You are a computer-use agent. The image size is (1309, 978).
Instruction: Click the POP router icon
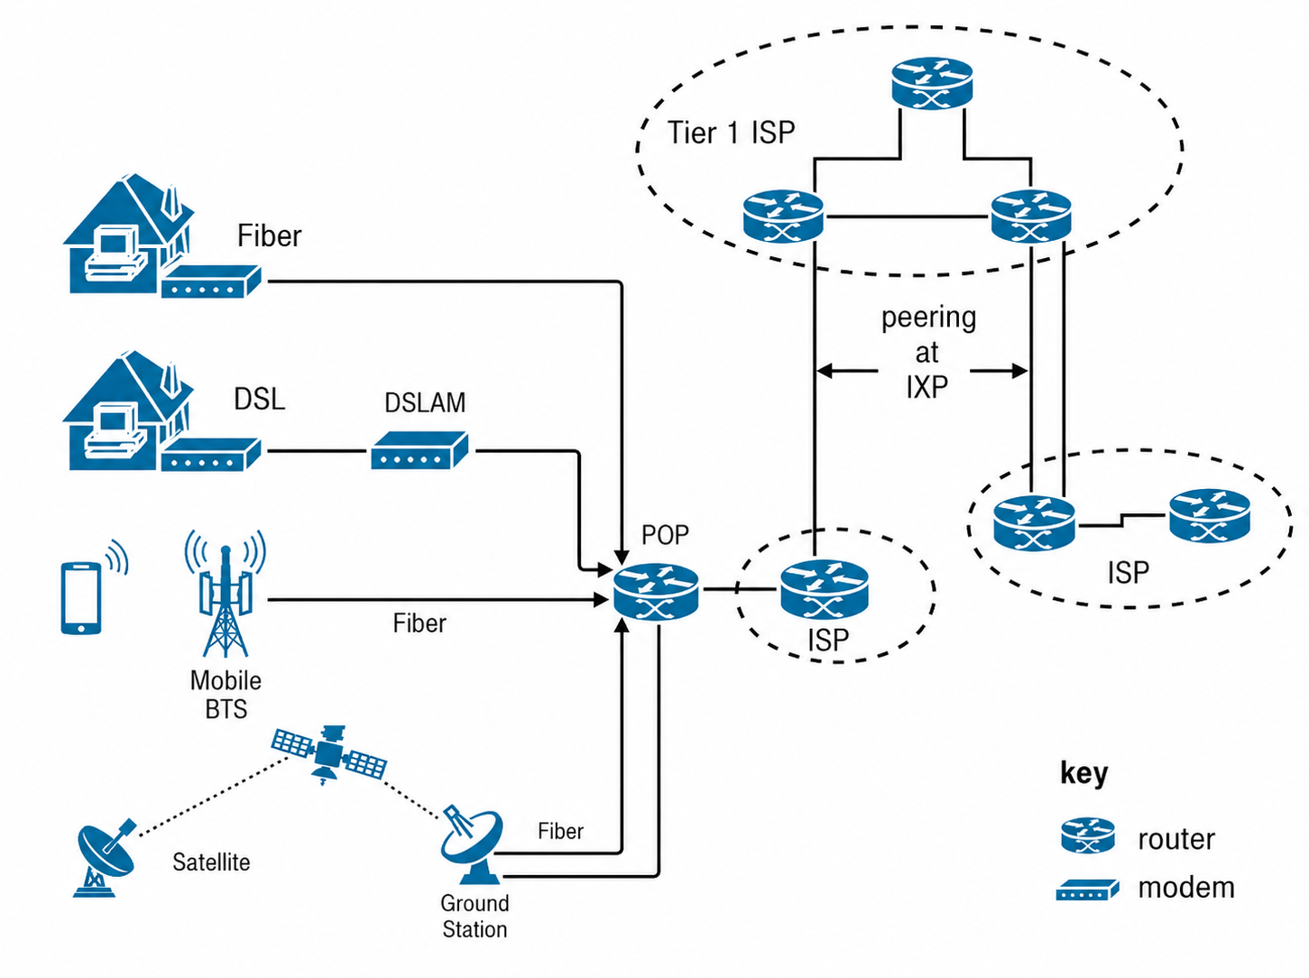click(655, 592)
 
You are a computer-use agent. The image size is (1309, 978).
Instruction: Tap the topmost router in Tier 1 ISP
click(932, 83)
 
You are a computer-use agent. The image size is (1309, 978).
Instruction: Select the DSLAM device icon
click(419, 449)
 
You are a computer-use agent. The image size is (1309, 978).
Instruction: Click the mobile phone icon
click(81, 597)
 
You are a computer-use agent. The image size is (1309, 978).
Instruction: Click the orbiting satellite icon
click(329, 753)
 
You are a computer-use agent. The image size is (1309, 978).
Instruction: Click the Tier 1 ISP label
click(731, 133)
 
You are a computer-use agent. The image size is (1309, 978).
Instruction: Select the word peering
click(928, 318)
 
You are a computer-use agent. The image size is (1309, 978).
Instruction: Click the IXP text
click(926, 388)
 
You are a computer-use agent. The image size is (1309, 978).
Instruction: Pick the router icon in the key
click(1088, 835)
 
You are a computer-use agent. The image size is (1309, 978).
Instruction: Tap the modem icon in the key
click(1087, 890)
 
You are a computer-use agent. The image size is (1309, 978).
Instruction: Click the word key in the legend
click(1083, 774)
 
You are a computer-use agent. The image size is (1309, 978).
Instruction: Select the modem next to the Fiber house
click(211, 281)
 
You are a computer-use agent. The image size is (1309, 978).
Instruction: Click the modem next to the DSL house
click(211, 455)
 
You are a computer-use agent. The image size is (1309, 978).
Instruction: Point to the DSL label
click(260, 399)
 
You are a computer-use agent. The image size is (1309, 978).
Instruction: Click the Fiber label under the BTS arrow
click(419, 623)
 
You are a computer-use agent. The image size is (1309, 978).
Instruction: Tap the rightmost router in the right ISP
click(1210, 516)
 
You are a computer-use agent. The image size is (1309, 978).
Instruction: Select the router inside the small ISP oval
click(825, 589)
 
